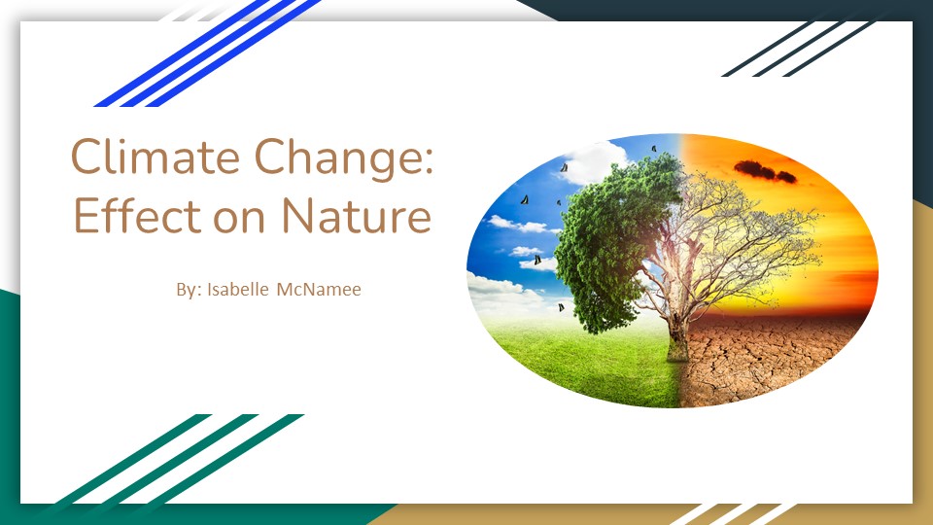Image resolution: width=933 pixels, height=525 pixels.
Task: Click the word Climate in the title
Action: pyautogui.click(x=155, y=156)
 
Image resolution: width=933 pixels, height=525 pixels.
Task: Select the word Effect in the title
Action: pyautogui.click(x=137, y=215)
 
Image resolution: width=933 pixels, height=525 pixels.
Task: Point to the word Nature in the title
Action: pyautogui.click(x=356, y=215)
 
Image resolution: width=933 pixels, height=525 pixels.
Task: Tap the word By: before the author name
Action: pyautogui.click(x=190, y=290)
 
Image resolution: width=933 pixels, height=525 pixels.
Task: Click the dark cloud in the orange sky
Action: pyautogui.click(x=765, y=171)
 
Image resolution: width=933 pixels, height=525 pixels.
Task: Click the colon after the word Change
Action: pyautogui.click(x=428, y=160)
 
